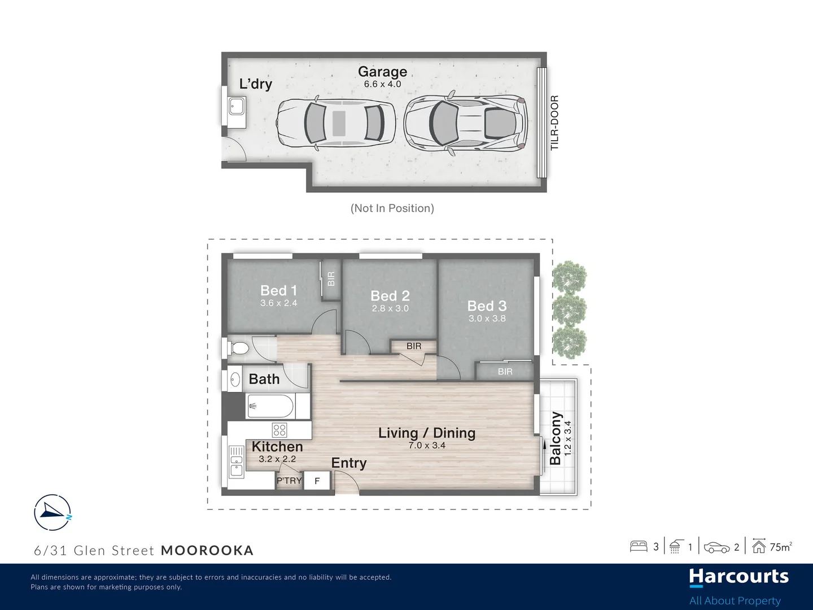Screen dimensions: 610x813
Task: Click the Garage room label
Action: point(382,72)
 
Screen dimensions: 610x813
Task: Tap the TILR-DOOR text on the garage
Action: point(554,123)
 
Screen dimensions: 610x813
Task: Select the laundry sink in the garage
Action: point(237,106)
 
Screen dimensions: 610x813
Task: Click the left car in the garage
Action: point(335,123)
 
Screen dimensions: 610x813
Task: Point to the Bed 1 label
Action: point(278,290)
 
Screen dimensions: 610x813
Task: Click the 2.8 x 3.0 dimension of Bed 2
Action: point(390,308)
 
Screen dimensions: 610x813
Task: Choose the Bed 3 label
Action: point(487,306)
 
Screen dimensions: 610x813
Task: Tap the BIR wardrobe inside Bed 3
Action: point(505,371)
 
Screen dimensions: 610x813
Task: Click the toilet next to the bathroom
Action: point(238,348)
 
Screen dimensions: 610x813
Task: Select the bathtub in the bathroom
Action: point(270,406)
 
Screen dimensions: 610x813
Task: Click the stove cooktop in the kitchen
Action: point(279,430)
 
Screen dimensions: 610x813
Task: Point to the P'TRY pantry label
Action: point(289,481)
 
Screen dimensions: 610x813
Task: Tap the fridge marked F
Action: point(317,481)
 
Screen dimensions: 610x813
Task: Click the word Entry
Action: point(349,463)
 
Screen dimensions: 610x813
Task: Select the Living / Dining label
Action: point(427,433)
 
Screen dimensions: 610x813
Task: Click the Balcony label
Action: point(556,438)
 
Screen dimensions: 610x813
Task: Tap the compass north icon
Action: point(53,512)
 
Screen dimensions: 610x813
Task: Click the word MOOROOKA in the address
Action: point(207,551)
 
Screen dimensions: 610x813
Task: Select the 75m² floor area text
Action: point(780,547)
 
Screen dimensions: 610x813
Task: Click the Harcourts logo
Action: point(738,577)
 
